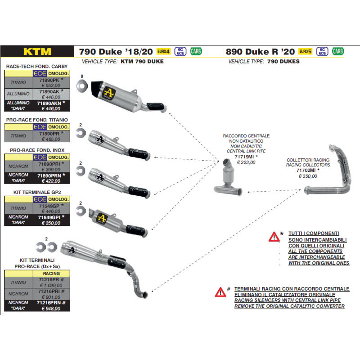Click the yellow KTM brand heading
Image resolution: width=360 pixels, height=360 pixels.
coord(37,52)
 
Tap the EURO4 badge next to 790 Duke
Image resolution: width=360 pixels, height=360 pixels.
coord(163,51)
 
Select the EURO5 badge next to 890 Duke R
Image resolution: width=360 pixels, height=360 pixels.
coord(306,51)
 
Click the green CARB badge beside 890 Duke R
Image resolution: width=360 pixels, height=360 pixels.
coord(338,51)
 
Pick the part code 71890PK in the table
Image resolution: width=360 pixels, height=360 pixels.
coord(49,80)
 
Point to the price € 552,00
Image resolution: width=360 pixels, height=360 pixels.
coord(51,85)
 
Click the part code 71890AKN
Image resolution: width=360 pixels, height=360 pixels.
coord(49,103)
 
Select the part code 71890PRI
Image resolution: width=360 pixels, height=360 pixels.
coord(49,164)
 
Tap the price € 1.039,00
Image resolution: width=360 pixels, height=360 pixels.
coord(51,285)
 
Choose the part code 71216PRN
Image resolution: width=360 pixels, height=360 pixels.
coord(49,302)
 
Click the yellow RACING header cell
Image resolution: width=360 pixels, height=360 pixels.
coord(51,274)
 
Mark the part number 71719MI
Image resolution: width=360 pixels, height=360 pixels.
coord(244,157)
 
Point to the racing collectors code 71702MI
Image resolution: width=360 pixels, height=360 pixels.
coord(306,170)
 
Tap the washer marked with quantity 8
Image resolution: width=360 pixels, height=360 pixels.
coord(82,86)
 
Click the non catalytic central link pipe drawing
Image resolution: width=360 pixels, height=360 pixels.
coord(228,178)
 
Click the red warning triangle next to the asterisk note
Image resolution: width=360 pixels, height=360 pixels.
coord(274,237)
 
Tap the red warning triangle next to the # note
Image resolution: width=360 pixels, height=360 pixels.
coord(220,292)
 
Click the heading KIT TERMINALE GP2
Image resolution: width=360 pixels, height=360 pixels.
coord(37,192)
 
